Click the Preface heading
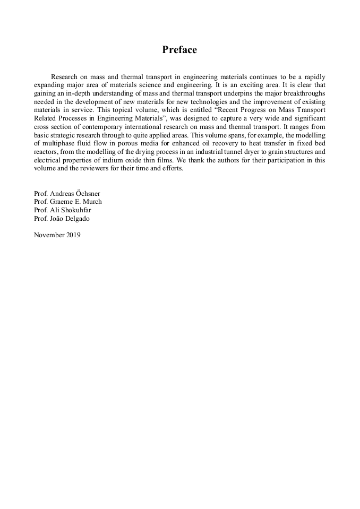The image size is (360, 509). pos(179,50)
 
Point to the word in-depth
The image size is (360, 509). pos(74,93)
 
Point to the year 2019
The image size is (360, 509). pos(73,235)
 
